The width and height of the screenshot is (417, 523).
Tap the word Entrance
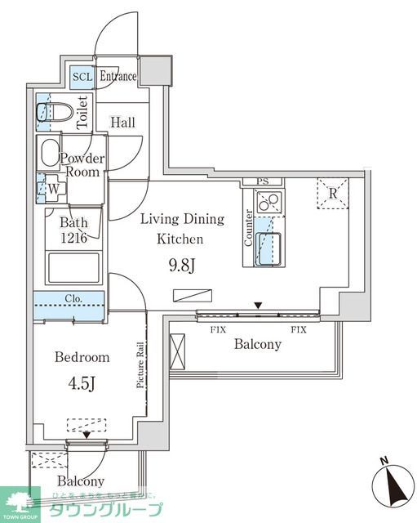[x=118, y=77]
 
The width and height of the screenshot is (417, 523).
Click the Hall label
[x=123, y=123]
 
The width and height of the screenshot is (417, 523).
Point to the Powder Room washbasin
[x=49, y=153]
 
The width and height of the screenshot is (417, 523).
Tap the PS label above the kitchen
[x=262, y=181]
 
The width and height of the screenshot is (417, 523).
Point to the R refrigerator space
[x=332, y=193]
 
